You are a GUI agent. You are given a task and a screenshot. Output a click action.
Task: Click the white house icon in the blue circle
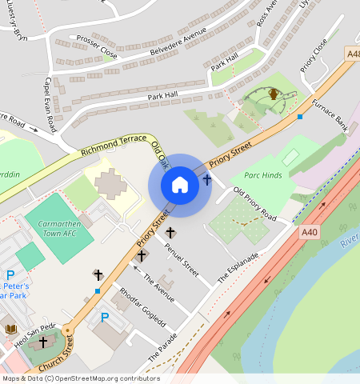(180, 185)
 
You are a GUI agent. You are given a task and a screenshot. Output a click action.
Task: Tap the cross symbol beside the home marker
(207, 180)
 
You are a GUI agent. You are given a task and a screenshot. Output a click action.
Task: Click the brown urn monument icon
(274, 94)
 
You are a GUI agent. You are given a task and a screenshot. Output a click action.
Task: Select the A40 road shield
(310, 231)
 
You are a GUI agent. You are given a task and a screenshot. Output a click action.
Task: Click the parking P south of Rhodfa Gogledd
(105, 318)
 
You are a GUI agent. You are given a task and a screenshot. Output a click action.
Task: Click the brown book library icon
(10, 330)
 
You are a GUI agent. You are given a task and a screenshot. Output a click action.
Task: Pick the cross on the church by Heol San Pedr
(43, 342)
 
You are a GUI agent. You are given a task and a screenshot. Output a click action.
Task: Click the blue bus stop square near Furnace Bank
(300, 117)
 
